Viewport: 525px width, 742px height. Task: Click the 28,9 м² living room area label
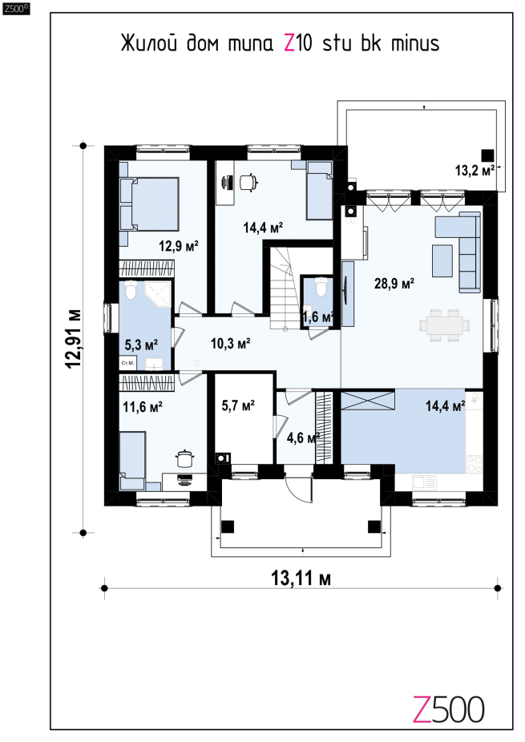point(394,284)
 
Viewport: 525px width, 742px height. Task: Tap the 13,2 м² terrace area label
point(475,171)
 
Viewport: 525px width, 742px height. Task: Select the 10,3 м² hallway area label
point(231,343)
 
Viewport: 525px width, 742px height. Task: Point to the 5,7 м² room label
point(238,405)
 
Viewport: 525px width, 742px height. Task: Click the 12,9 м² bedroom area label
point(179,246)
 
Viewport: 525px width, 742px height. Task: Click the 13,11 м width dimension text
point(301,578)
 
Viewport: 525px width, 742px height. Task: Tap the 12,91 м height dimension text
point(74,339)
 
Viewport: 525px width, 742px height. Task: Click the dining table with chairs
point(445,325)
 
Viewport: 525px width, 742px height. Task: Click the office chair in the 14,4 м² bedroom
point(249,182)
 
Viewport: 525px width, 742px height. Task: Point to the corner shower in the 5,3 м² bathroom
point(157,296)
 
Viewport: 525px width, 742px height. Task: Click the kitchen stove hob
point(474,464)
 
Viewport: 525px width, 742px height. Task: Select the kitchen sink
point(424,482)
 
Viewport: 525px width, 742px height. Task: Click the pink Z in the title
point(289,43)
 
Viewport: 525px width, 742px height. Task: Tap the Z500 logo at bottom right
point(448,710)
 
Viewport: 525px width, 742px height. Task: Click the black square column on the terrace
point(487,155)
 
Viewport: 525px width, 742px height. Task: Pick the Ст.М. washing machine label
point(127,363)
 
